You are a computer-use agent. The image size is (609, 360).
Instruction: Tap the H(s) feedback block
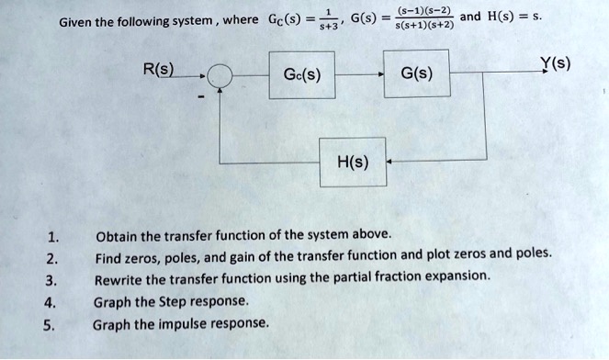(354, 163)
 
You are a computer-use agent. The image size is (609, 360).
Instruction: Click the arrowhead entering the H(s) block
(390, 163)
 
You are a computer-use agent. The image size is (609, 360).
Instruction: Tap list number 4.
(53, 302)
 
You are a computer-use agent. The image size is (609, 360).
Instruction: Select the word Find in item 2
(107, 257)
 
